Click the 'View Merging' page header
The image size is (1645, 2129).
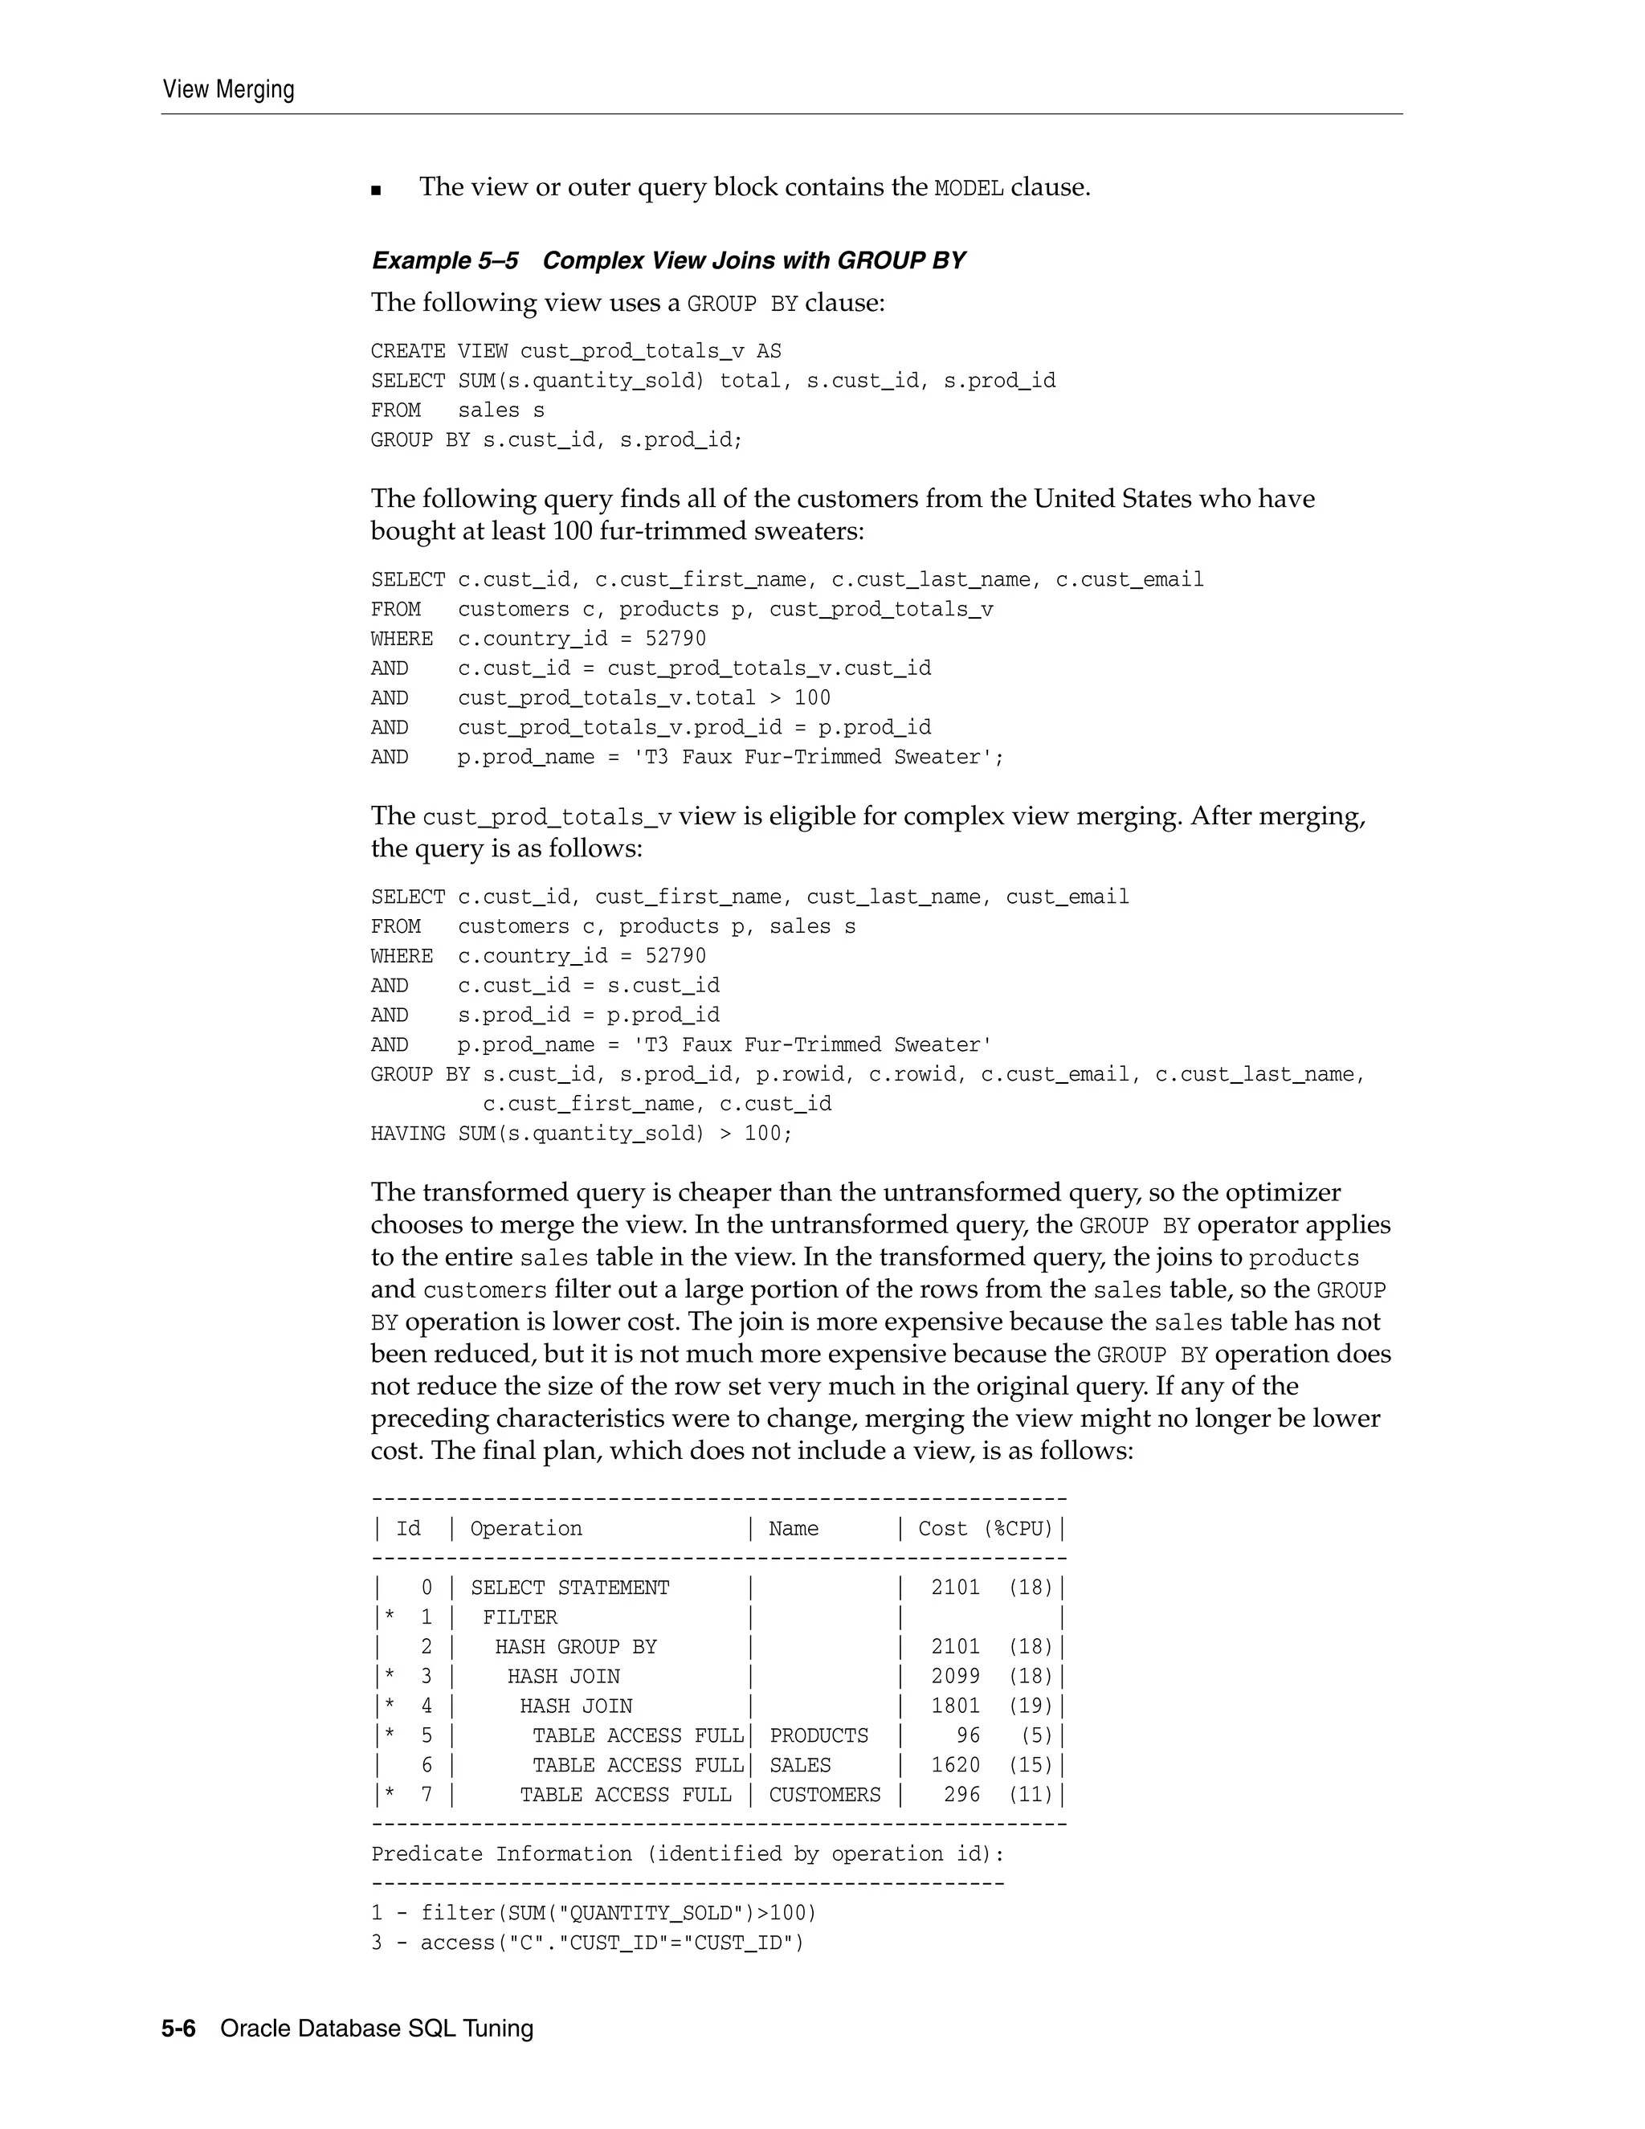[228, 90]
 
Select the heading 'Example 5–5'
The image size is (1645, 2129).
[444, 260]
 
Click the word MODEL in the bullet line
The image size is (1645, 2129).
[969, 187]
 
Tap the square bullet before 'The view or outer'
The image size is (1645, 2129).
[378, 190]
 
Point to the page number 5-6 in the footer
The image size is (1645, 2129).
[178, 2029]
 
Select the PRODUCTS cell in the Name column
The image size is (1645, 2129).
[818, 1736]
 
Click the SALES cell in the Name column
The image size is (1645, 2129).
[799, 1765]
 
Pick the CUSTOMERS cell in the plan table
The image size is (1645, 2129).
[824, 1795]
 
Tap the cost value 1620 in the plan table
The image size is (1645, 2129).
[955, 1765]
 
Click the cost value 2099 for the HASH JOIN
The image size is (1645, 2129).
[955, 1677]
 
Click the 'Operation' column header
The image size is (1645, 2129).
[526, 1529]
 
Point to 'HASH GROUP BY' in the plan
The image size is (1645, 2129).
[575, 1648]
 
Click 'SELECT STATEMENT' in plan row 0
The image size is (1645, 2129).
[570, 1588]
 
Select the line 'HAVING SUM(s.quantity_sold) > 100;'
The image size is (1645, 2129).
[582, 1134]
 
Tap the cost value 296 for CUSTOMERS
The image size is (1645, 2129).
[961, 1795]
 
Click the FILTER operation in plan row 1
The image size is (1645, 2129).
[520, 1617]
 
